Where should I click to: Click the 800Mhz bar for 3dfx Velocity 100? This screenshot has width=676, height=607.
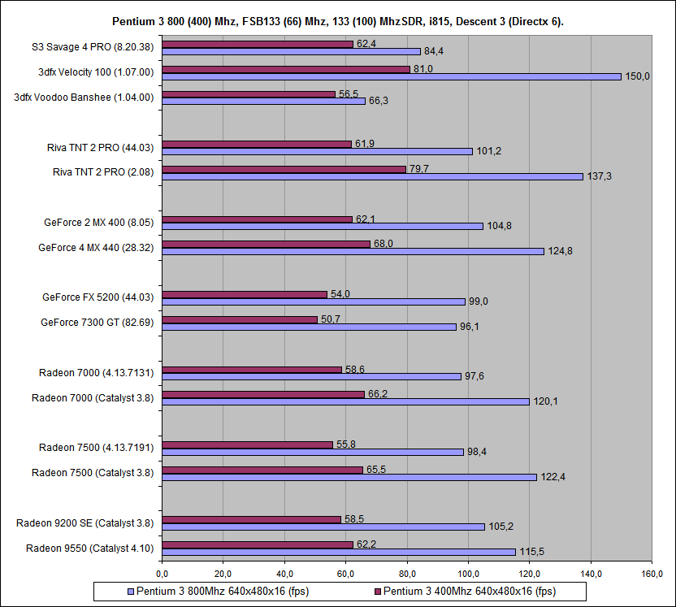[391, 76]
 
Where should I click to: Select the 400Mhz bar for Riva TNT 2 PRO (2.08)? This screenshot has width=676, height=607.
[284, 169]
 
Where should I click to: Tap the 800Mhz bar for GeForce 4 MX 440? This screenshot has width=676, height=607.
[353, 251]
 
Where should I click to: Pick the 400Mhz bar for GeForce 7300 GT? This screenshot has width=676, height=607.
[240, 319]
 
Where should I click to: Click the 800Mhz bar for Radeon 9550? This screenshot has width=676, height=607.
[339, 552]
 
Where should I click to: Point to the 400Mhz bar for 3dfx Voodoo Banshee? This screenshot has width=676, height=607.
[249, 94]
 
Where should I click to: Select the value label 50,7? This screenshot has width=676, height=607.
[331, 319]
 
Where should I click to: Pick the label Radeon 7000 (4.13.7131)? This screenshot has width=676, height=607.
[97, 372]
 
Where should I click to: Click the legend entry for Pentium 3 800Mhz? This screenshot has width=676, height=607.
[219, 591]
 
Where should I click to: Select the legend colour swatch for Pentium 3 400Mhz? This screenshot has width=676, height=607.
[376, 591]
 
